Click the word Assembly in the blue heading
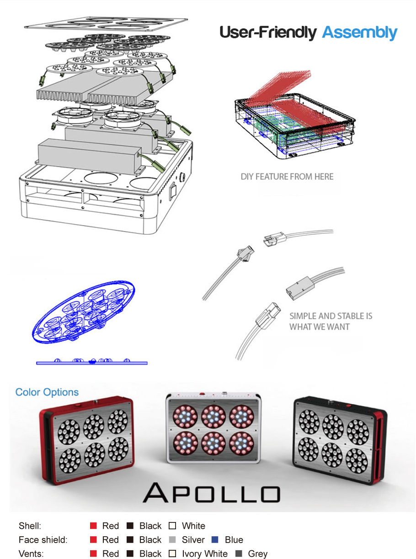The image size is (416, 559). click(360, 33)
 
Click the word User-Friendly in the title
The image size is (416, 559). click(268, 32)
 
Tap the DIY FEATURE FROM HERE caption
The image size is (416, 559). click(287, 177)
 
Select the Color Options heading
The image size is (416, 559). click(47, 392)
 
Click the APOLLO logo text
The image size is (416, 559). click(211, 493)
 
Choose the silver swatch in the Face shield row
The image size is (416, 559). click(172, 540)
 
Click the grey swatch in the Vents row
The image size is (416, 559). click(239, 554)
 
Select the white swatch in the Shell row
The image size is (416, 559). click(172, 526)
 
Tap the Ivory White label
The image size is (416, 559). click(204, 554)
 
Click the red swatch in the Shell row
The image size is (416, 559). click(93, 526)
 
